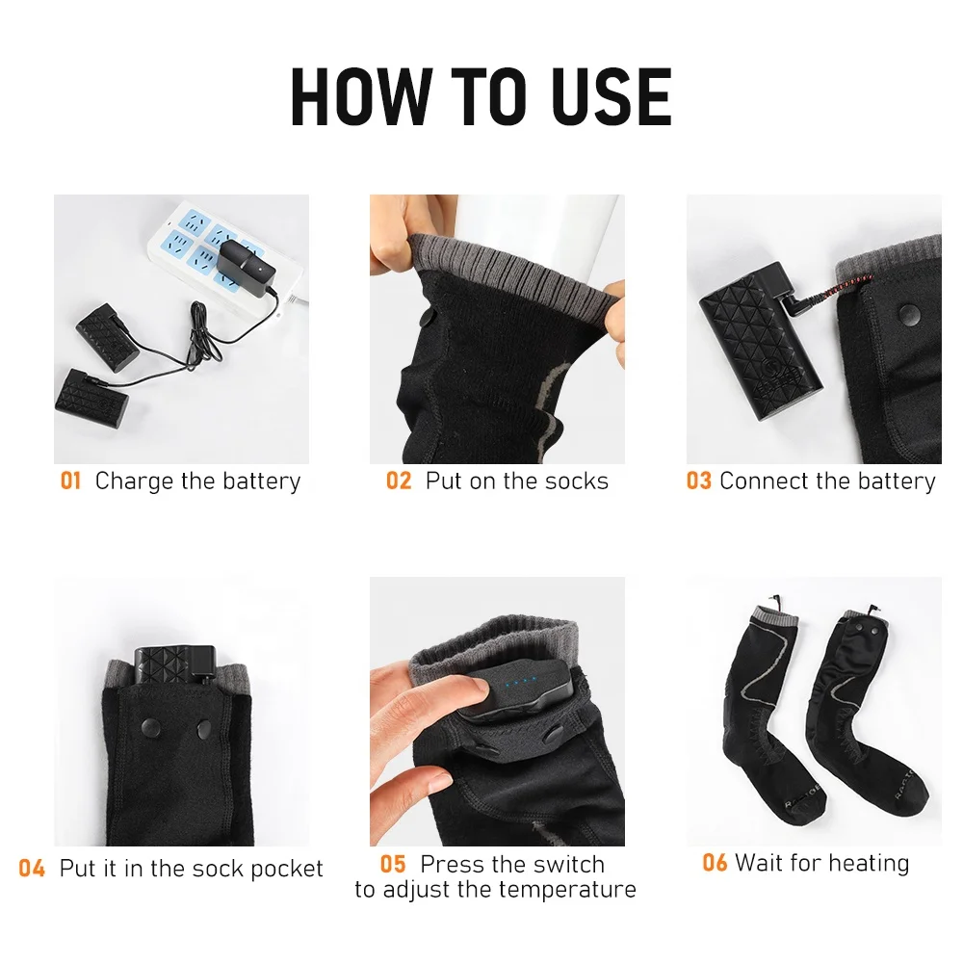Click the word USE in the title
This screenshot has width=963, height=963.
[x=604, y=96]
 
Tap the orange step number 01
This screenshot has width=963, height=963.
[x=71, y=481]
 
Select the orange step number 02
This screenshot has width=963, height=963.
[x=399, y=481]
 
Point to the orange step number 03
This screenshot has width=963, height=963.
[x=698, y=481]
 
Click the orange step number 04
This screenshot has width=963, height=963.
[x=32, y=869]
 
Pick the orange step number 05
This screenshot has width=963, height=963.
[x=393, y=864]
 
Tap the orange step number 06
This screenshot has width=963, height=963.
[x=715, y=863]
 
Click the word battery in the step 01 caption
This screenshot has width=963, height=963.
[x=262, y=481]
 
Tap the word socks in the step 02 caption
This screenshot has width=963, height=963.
[x=574, y=481]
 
